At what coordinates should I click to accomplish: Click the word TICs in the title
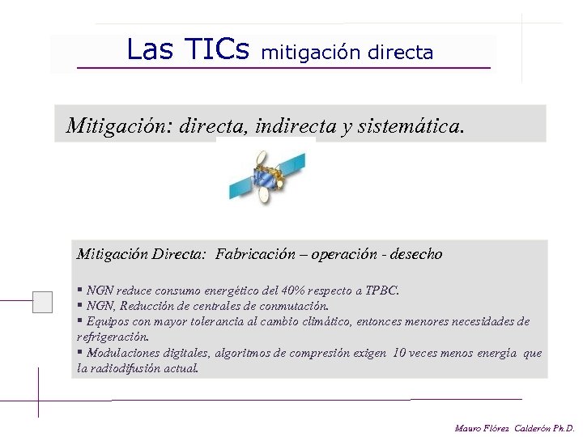(216, 50)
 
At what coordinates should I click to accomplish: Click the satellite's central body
(267, 177)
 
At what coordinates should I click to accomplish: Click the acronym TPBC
(381, 290)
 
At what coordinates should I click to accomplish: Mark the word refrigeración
(113, 337)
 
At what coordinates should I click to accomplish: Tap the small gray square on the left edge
(42, 302)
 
